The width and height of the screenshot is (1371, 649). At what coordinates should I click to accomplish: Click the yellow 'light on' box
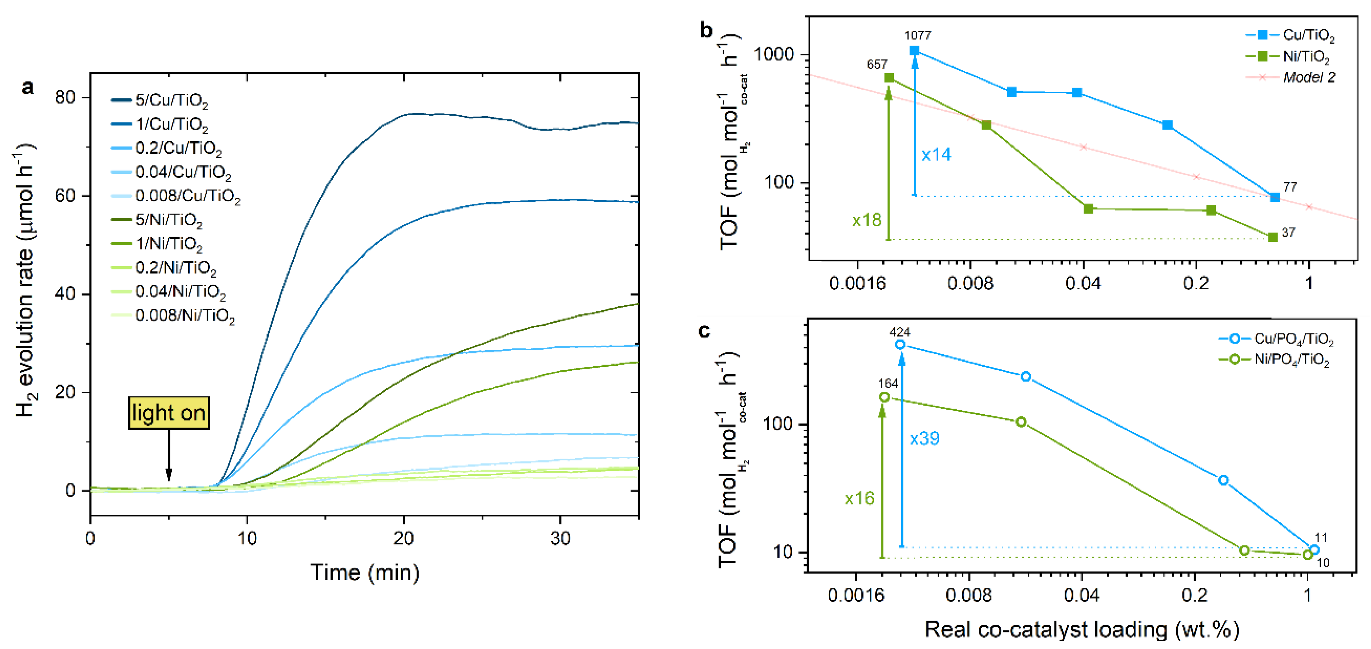coord(169,413)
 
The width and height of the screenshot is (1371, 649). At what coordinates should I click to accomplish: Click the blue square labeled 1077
coord(914,51)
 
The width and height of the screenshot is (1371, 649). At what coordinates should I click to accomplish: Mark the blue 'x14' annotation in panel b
coord(936,155)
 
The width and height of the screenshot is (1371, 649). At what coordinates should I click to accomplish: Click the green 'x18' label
coord(866,220)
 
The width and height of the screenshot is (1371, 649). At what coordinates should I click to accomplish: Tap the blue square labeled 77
coord(1275,197)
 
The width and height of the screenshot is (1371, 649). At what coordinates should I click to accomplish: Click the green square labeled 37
coord(1273,237)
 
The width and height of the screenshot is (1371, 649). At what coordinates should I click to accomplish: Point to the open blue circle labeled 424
coord(900,344)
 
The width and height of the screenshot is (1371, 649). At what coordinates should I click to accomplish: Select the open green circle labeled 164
coord(885,397)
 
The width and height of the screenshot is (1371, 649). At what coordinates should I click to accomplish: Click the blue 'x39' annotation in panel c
coord(924,439)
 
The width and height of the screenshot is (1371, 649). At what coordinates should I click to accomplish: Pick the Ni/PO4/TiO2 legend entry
coord(1291,360)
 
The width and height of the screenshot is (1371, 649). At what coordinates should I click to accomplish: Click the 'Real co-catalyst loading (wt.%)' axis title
coord(1082,629)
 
